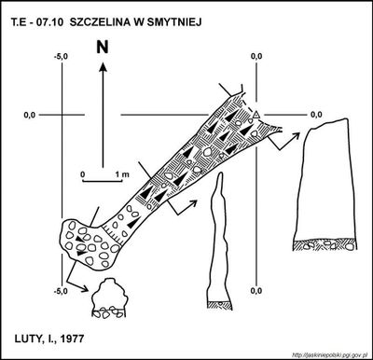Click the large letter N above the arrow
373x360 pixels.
pos(103,48)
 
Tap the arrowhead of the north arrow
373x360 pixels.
pos(103,66)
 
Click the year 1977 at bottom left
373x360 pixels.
pos(72,339)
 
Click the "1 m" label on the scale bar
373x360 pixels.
pos(122,174)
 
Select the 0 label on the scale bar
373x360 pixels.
pos(83,174)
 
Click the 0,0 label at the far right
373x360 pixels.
pos(316,115)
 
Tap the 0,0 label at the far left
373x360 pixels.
pos(30,115)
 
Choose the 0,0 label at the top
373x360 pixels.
pos(256,56)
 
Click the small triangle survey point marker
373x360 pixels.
pos(256,115)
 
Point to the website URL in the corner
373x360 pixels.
pos(330,354)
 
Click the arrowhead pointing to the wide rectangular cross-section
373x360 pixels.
pos(296,135)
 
